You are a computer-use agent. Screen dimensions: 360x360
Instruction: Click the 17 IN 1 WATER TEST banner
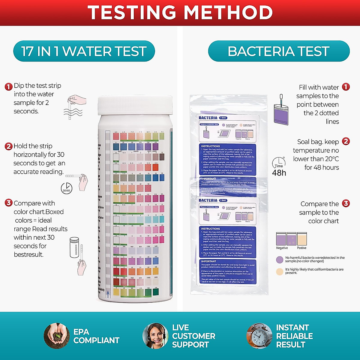[x=84, y=51]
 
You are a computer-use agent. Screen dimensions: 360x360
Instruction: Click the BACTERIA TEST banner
[x=279, y=51]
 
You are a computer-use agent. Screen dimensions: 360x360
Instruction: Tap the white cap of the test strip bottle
[x=135, y=105]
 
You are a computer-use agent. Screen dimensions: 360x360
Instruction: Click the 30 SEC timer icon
[x=67, y=188]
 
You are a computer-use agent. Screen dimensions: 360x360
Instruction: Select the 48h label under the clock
[x=279, y=173]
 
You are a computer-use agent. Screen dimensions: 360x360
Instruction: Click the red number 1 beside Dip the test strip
[x=9, y=87]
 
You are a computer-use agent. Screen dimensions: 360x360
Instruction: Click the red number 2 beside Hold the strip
[x=9, y=146]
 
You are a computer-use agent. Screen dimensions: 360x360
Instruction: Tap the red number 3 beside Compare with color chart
[x=9, y=203]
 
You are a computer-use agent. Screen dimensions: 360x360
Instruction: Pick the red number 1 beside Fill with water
[x=346, y=87]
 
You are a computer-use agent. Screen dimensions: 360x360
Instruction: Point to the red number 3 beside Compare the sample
[x=346, y=203]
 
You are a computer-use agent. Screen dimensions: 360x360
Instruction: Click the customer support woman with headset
[x=155, y=336]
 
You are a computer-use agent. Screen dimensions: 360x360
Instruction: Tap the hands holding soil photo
[x=56, y=336]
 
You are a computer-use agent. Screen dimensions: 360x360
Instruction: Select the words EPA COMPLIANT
[x=96, y=336]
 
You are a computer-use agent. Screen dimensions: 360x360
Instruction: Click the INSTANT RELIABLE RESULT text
[x=294, y=336]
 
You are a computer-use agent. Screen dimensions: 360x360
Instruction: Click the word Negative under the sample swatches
[x=282, y=248]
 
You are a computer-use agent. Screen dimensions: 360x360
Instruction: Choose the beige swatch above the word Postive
[x=302, y=239]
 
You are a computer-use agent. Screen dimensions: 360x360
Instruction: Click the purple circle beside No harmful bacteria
[x=280, y=259]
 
